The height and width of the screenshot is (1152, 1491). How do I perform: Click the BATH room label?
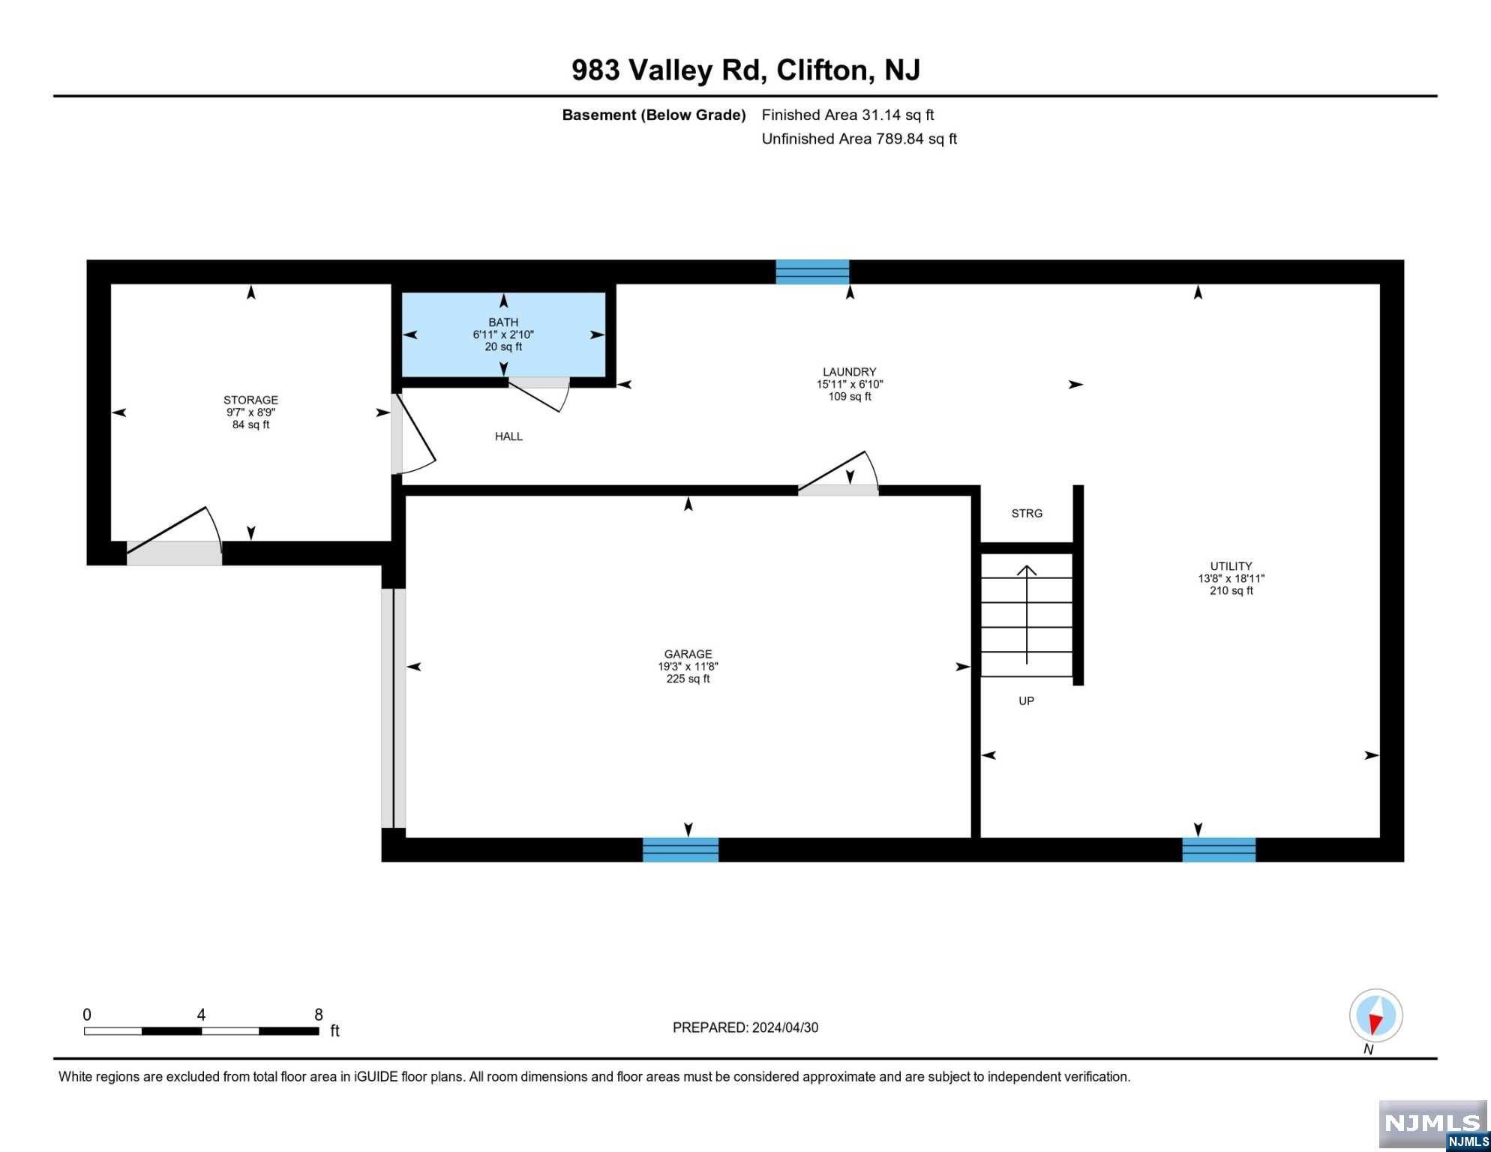503,322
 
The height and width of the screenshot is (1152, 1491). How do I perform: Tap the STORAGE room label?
250,400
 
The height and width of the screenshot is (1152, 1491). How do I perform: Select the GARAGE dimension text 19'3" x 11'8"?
688,666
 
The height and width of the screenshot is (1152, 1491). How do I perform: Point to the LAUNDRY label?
849,372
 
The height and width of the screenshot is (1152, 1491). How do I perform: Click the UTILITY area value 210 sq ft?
1231,591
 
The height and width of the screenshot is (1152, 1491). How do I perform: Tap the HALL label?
508,436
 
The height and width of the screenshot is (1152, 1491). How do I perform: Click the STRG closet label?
1027,514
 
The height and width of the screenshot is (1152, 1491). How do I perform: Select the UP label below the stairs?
1026,701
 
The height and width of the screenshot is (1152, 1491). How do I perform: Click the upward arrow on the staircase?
1026,614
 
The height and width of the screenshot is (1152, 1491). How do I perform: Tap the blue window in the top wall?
812,271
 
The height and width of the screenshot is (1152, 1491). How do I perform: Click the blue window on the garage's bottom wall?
680,850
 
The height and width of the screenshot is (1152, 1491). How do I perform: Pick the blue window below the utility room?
1219,850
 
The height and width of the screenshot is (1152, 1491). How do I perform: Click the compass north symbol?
1375,1016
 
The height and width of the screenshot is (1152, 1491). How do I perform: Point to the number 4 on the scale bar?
201,1015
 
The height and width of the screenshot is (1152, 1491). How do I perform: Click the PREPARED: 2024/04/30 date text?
745,1028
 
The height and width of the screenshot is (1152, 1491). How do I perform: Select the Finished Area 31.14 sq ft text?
847,115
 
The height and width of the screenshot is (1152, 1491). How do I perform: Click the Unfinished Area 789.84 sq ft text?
859,139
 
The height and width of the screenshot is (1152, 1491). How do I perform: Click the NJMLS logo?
1433,1124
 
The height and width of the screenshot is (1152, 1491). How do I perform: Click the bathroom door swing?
538,394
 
